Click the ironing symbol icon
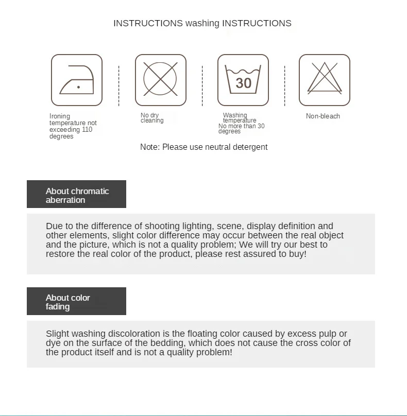click(x=77, y=80)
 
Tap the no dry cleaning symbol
click(x=160, y=80)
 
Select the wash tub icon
click(x=243, y=80)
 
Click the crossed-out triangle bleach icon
click(x=325, y=80)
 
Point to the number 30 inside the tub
click(x=243, y=83)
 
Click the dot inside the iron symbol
click(x=78, y=88)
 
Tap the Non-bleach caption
click(x=323, y=116)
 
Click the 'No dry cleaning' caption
click(x=152, y=118)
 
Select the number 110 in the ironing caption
click(x=87, y=130)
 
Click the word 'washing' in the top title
click(x=202, y=23)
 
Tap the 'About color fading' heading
click(x=67, y=302)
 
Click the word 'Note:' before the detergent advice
click(x=150, y=147)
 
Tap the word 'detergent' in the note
click(x=249, y=147)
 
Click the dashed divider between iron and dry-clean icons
click(x=118, y=85)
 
